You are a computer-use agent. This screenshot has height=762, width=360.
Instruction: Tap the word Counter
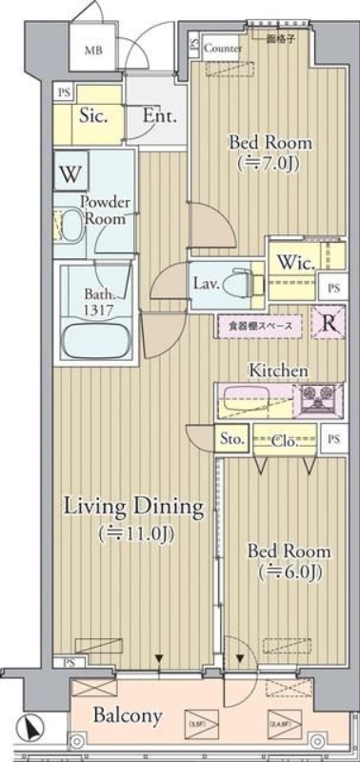click(x=221, y=47)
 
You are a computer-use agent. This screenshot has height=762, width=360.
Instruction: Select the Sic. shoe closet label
click(x=91, y=117)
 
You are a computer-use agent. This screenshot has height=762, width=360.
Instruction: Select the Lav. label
click(x=207, y=283)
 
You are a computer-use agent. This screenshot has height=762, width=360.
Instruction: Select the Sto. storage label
click(x=233, y=440)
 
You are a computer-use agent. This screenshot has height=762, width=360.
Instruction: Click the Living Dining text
click(x=133, y=507)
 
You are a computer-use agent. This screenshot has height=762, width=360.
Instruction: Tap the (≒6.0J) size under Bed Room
click(x=289, y=572)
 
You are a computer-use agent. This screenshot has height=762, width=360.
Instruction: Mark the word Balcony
click(x=127, y=715)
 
